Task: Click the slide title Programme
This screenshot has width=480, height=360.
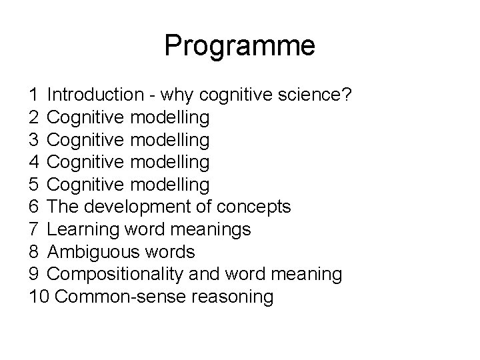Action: [x=239, y=46]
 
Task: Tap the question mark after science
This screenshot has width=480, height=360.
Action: [x=345, y=95]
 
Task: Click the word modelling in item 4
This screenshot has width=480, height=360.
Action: [x=170, y=162]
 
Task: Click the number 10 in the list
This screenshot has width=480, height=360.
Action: [x=39, y=296]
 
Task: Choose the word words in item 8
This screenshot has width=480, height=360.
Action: [x=173, y=252]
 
